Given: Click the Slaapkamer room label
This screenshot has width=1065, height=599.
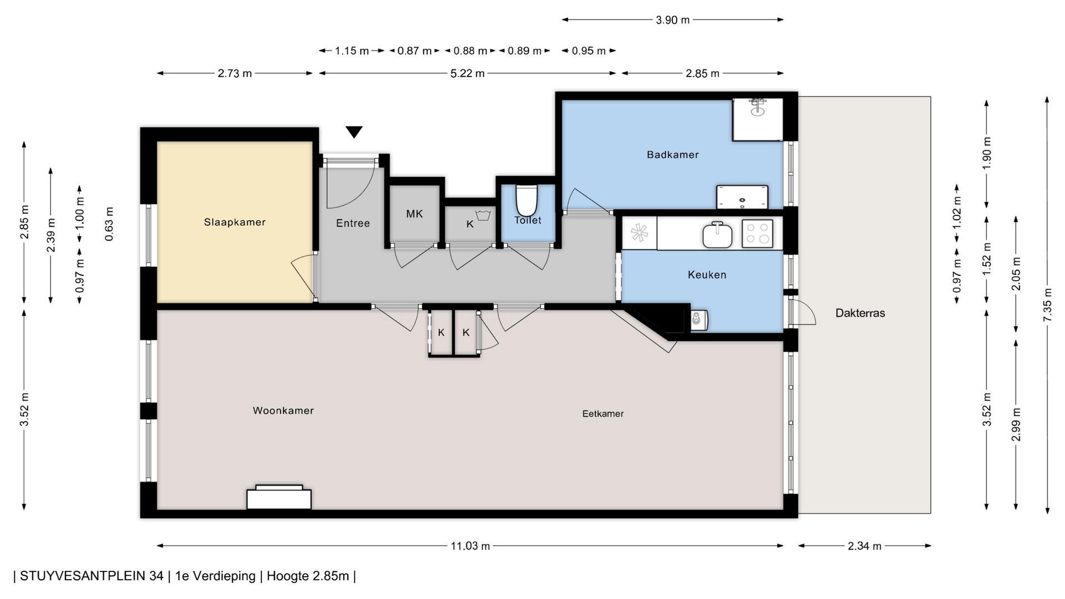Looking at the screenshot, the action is pos(235,222).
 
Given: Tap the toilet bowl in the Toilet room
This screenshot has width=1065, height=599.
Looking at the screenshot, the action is pos(526,200).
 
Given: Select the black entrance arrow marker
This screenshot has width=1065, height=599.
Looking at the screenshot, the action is pos(354,132).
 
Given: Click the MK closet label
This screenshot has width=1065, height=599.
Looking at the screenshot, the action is pos(414,214).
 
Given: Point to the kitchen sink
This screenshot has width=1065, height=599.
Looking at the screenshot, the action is pos(717,235).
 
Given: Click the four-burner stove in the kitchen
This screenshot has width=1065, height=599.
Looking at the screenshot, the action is pos(757,233).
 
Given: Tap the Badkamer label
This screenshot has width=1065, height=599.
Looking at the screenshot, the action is pos(672,155).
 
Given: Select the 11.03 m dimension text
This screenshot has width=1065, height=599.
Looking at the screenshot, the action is pos(470,546).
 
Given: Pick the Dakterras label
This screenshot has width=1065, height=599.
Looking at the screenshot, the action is pos(860,313).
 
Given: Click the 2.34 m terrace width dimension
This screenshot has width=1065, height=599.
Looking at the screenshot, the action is pos(864,546).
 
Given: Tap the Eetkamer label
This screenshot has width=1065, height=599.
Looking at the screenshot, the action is pos(603,414).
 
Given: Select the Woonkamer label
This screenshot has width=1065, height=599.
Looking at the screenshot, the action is pos(283,411).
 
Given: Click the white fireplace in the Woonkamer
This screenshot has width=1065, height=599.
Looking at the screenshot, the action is pos(279,497).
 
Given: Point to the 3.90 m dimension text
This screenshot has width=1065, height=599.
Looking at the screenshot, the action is pos(672,20).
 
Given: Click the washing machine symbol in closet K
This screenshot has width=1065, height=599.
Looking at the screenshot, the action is pos(483,215).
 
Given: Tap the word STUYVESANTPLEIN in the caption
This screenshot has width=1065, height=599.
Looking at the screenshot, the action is pos(92,576).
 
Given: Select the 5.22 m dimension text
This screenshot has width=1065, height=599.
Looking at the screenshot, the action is pos(468,73).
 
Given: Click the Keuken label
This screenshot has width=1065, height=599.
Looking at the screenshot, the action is pos(707,275).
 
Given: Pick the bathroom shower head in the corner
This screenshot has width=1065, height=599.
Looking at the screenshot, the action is pos(757,107).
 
